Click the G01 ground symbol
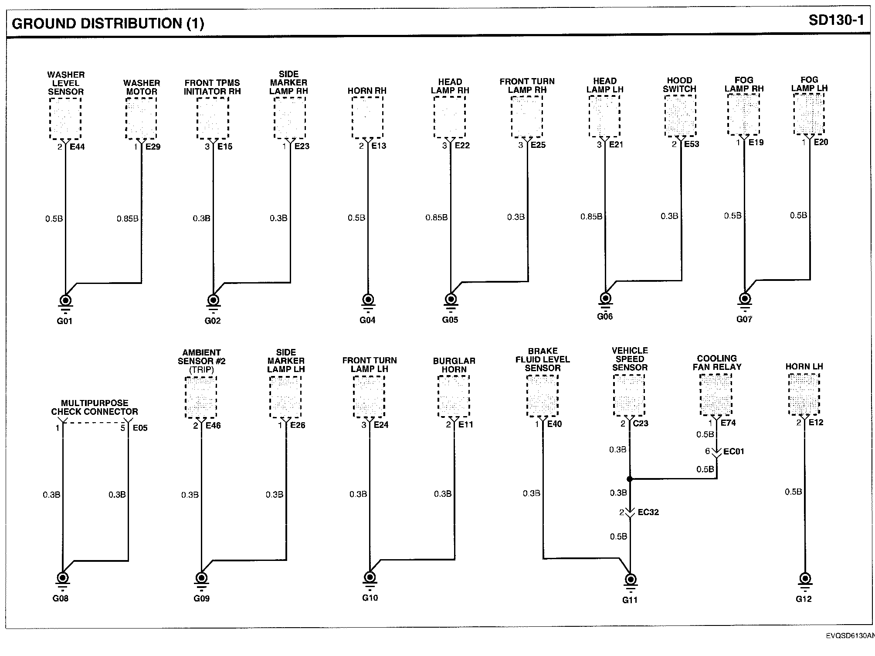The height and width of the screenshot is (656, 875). pyautogui.click(x=65, y=301)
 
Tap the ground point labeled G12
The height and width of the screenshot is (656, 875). pyautogui.click(x=805, y=579)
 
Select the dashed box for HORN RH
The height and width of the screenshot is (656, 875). pyautogui.click(x=367, y=117)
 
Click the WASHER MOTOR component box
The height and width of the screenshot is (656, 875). pyautogui.click(x=141, y=118)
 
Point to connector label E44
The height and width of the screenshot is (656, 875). pyautogui.click(x=77, y=147)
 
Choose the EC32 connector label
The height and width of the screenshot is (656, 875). pyautogui.click(x=648, y=512)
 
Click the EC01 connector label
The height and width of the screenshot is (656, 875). pyautogui.click(x=733, y=451)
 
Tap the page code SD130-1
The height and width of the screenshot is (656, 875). pyautogui.click(x=836, y=20)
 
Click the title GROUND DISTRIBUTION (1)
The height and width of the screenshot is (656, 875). pyautogui.click(x=108, y=23)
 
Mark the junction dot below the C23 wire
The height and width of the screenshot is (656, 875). pyautogui.click(x=630, y=479)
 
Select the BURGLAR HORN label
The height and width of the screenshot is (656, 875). pyautogui.click(x=454, y=365)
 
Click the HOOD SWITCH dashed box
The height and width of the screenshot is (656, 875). pyautogui.click(x=680, y=115)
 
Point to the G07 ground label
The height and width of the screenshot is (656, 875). pyautogui.click(x=744, y=319)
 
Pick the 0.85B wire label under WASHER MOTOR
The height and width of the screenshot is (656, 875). pyautogui.click(x=127, y=219)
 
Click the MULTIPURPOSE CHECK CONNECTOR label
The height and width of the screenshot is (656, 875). pyautogui.click(x=95, y=407)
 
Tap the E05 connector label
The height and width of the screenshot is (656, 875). pyautogui.click(x=140, y=428)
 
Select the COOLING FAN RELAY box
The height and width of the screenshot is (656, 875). pyautogui.click(x=716, y=395)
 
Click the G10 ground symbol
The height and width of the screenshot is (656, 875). pyautogui.click(x=370, y=578)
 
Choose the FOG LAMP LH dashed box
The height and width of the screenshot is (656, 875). pyautogui.click(x=809, y=114)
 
